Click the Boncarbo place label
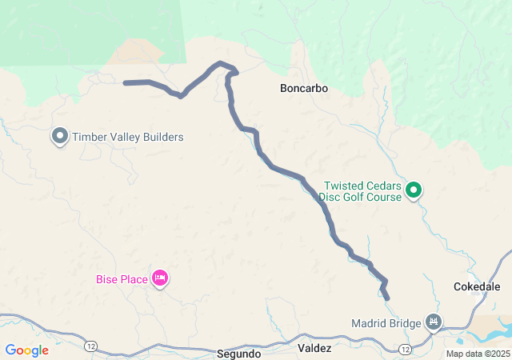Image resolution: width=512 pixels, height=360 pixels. click(x=304, y=88)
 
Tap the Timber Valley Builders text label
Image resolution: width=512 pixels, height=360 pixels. click(x=128, y=137)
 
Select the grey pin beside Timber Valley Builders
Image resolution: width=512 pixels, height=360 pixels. click(x=60, y=136)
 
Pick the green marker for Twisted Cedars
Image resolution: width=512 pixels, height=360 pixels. click(x=414, y=190)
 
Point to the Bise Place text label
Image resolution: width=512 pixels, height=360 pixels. click(x=122, y=279)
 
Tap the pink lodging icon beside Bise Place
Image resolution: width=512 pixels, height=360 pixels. click(x=159, y=278)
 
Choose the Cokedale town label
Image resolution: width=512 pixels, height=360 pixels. click(x=477, y=286)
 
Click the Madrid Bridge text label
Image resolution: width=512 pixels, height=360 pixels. click(x=386, y=324)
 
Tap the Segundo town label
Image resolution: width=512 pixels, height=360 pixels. click(x=238, y=353)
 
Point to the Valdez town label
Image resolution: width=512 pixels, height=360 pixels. click(x=314, y=349)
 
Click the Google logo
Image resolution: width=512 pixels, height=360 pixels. click(x=26, y=350)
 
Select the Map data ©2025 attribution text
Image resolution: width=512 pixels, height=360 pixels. click(x=477, y=354)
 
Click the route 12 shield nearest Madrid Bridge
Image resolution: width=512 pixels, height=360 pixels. click(x=406, y=350)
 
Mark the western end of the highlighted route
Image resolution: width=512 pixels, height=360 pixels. click(x=126, y=82)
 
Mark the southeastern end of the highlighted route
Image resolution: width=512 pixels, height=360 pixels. click(x=387, y=298)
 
